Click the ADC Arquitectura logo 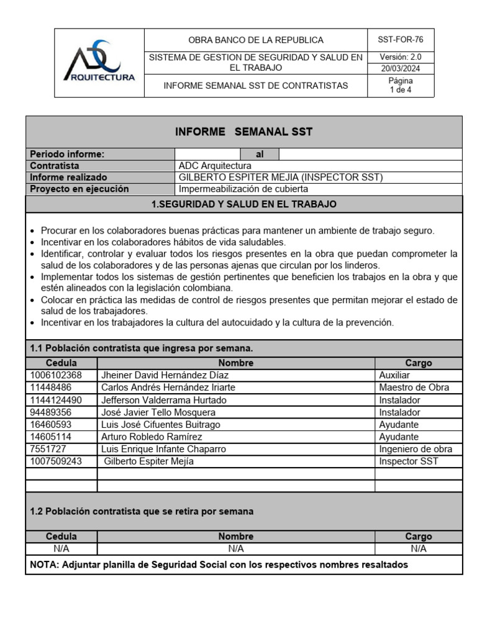click(x=99, y=63)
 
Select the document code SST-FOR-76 click(x=401, y=40)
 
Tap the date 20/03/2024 click(x=401, y=69)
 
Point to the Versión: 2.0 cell click(x=401, y=57)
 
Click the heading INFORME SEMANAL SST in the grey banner click(x=243, y=132)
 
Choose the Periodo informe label click(x=67, y=154)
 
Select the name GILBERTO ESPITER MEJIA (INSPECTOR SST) click(x=281, y=177)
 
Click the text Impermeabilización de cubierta click(x=243, y=189)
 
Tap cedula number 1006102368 click(x=56, y=375)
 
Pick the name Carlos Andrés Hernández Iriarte click(x=168, y=388)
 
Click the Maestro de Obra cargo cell click(x=414, y=388)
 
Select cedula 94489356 click(x=50, y=412)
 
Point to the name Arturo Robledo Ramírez click(x=152, y=437)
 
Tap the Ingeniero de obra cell click(x=416, y=449)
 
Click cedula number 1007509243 click(x=56, y=461)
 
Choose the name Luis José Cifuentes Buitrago click(x=161, y=425)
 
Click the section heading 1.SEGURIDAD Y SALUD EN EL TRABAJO click(x=243, y=204)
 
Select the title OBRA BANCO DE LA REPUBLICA click(x=256, y=40)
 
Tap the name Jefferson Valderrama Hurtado click(x=164, y=400)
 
